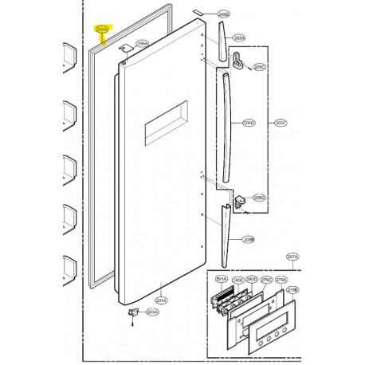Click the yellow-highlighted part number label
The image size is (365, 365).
[101, 29]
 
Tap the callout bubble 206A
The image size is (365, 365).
[144, 45]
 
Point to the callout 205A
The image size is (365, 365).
[240, 37]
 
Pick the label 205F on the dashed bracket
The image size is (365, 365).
[279, 123]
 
